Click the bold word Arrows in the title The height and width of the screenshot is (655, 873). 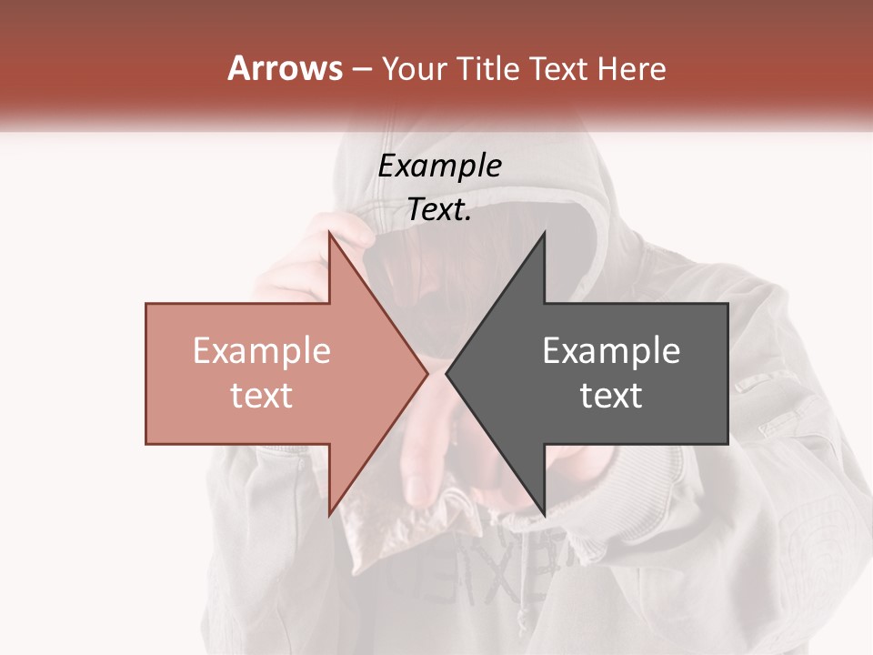coord(286,68)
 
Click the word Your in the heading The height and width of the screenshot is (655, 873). coord(415,68)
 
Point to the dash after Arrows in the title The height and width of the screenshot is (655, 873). coord(361,69)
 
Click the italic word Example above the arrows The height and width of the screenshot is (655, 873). coord(439,166)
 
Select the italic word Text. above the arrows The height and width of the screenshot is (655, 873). coord(439,209)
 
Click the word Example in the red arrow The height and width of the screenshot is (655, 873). coord(262,350)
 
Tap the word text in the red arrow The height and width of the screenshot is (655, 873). coord(262,395)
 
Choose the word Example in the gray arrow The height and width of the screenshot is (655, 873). coord(611,350)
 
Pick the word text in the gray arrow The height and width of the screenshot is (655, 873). coord(611,395)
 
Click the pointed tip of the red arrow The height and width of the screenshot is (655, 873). coord(427,373)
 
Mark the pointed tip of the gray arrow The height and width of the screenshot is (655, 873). coord(447,373)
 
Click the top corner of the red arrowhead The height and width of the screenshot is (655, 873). coord(330,233)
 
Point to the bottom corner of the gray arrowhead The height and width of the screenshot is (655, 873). coord(544,514)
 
